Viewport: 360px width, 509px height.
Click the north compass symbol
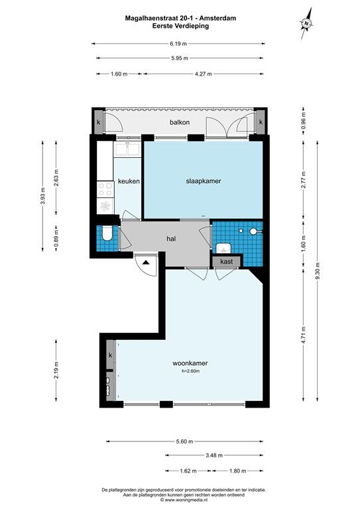tap(306, 23)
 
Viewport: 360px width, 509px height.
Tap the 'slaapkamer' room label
tap(204, 181)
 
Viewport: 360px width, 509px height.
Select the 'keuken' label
tap(129, 181)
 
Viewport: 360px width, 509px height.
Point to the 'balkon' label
tap(180, 123)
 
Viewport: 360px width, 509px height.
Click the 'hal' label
tap(171, 239)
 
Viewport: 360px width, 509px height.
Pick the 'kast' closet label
tap(227, 261)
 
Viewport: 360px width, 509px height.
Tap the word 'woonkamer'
tap(190, 363)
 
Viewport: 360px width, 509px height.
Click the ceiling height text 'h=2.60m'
tap(190, 370)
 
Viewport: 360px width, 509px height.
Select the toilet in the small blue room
tap(107, 234)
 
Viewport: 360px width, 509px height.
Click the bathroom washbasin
tap(223, 248)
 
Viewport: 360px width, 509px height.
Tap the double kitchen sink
tap(127, 148)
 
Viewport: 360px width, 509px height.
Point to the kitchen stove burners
tap(105, 189)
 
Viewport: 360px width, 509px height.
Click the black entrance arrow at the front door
tap(146, 262)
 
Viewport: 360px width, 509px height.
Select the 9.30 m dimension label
tap(318, 270)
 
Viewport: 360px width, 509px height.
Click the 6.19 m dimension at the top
tap(178, 44)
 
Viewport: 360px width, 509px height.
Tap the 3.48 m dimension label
tap(214, 455)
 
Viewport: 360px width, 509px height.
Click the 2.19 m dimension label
tap(56, 370)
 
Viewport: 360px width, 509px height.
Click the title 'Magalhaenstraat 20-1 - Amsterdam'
tap(180, 18)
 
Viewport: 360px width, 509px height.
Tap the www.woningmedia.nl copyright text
tap(184, 500)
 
